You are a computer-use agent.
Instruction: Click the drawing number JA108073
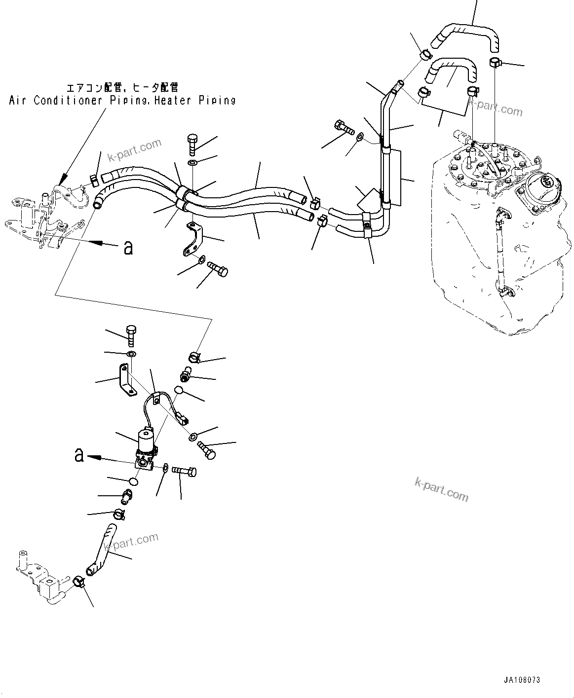click(522, 680)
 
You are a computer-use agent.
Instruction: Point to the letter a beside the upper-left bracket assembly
click(128, 248)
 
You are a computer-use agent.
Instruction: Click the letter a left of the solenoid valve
click(79, 455)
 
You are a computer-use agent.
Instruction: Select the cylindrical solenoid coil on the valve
click(146, 438)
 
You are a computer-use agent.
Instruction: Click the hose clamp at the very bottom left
click(79, 582)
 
